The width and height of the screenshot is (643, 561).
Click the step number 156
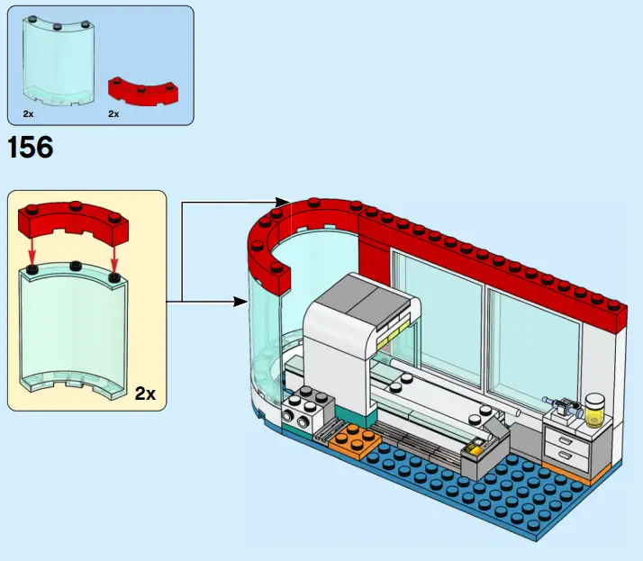30,148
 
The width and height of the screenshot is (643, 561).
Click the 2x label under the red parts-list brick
113,114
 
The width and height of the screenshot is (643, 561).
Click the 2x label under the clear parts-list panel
29,114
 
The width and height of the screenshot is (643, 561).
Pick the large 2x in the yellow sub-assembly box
145,394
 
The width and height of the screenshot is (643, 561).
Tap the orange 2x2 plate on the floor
351,439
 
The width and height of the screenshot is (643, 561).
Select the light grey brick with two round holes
299,416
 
